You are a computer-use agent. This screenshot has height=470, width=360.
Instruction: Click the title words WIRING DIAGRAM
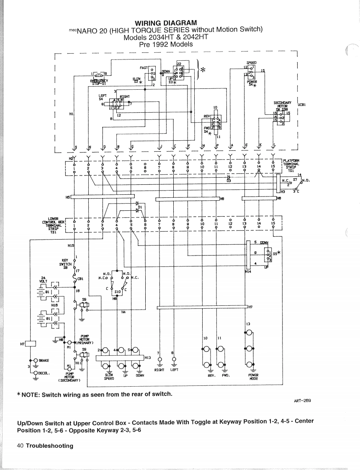(166, 23)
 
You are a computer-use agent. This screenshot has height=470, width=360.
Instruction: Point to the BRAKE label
(44, 360)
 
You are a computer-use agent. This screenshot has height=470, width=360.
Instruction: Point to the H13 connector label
(147, 358)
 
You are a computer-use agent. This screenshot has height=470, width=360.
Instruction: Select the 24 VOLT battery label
(42, 279)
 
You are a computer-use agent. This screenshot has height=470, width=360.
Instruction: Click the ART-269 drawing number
(303, 400)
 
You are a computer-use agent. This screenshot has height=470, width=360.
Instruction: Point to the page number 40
(20, 445)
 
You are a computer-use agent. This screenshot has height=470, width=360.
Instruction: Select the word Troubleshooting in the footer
(49, 445)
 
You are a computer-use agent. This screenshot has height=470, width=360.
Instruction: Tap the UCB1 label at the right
(303, 104)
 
